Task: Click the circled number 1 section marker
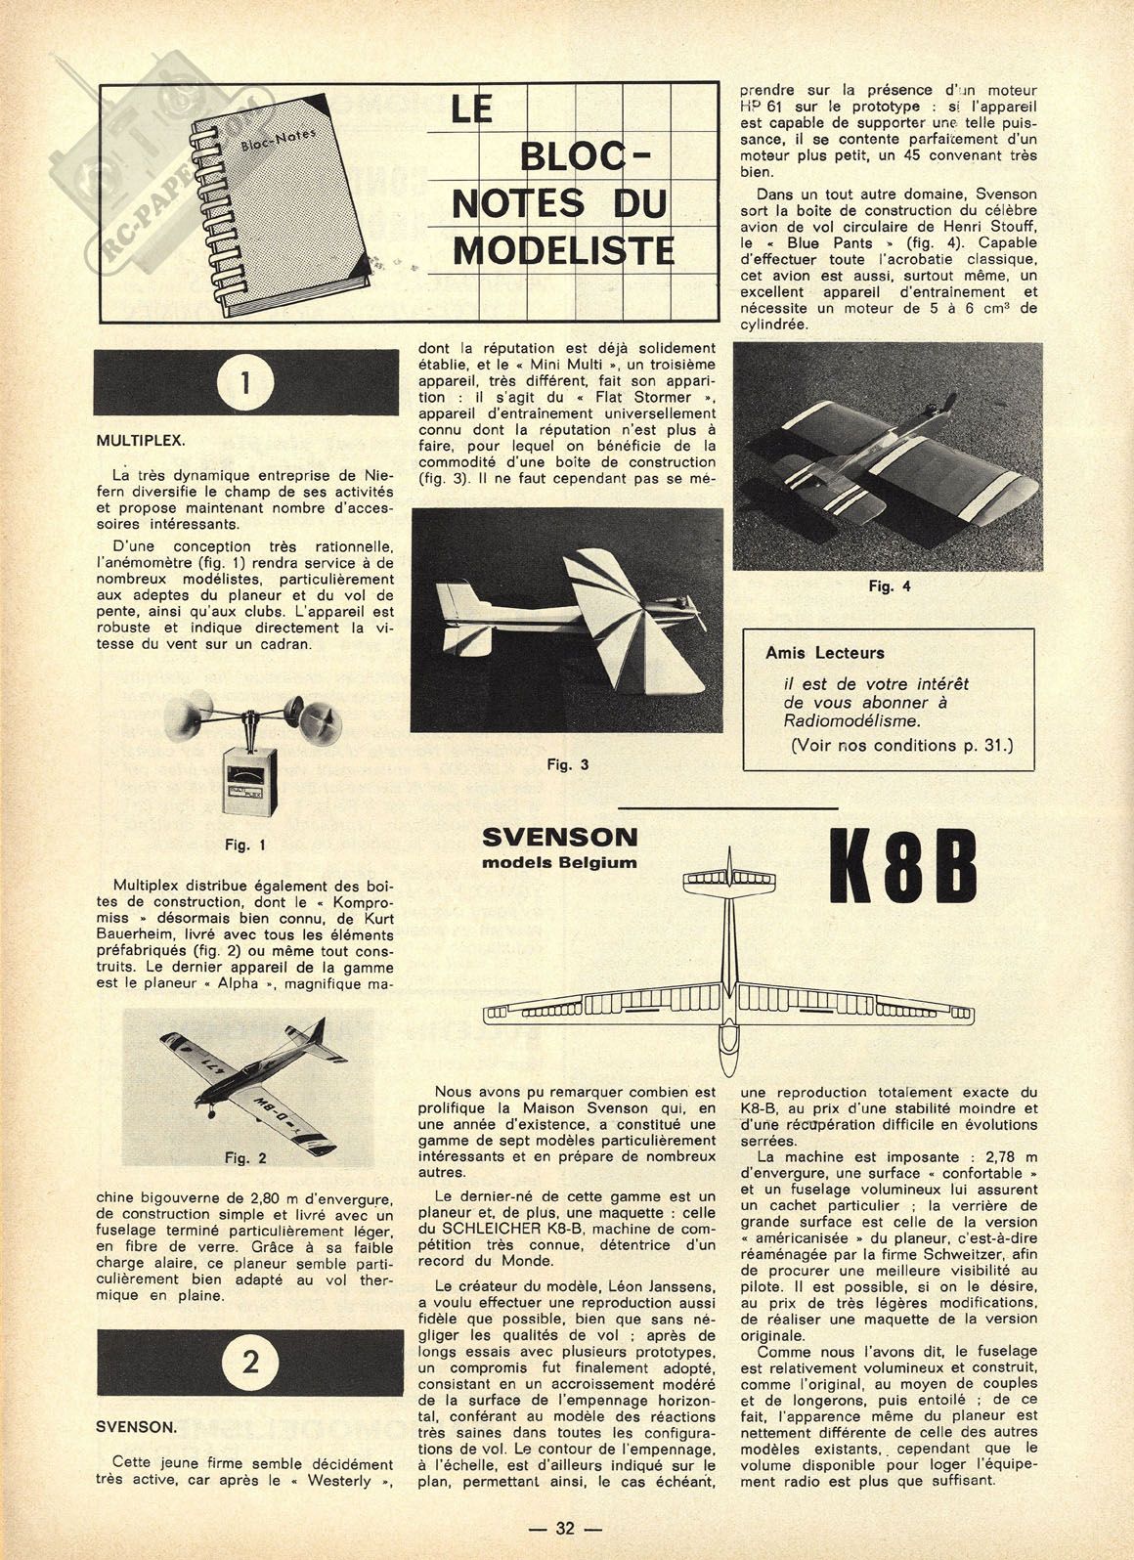[244, 384]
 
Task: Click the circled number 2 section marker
[251, 1362]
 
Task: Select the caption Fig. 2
[245, 1158]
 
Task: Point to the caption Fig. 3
[567, 764]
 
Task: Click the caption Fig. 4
[889, 586]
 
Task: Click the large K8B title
[903, 868]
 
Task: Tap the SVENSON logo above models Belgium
[560, 838]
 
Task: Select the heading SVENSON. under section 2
[137, 1427]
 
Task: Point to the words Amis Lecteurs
[825, 652]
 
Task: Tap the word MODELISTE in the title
[564, 250]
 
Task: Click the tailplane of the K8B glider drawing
[729, 878]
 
